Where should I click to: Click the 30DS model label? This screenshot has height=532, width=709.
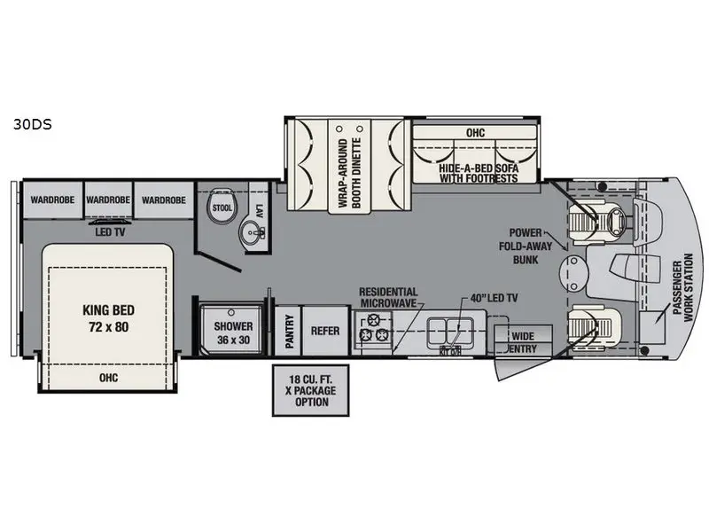click(x=32, y=125)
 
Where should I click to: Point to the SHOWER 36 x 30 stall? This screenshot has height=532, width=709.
click(x=233, y=331)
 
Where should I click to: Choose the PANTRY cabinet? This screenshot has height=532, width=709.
click(x=286, y=331)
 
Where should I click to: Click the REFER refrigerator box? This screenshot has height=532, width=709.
click(x=325, y=331)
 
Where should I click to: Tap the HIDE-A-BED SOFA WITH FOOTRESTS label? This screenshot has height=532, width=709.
click(x=479, y=172)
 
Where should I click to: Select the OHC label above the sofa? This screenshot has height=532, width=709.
click(x=475, y=132)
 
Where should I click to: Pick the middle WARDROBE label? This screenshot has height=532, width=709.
click(x=109, y=200)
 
